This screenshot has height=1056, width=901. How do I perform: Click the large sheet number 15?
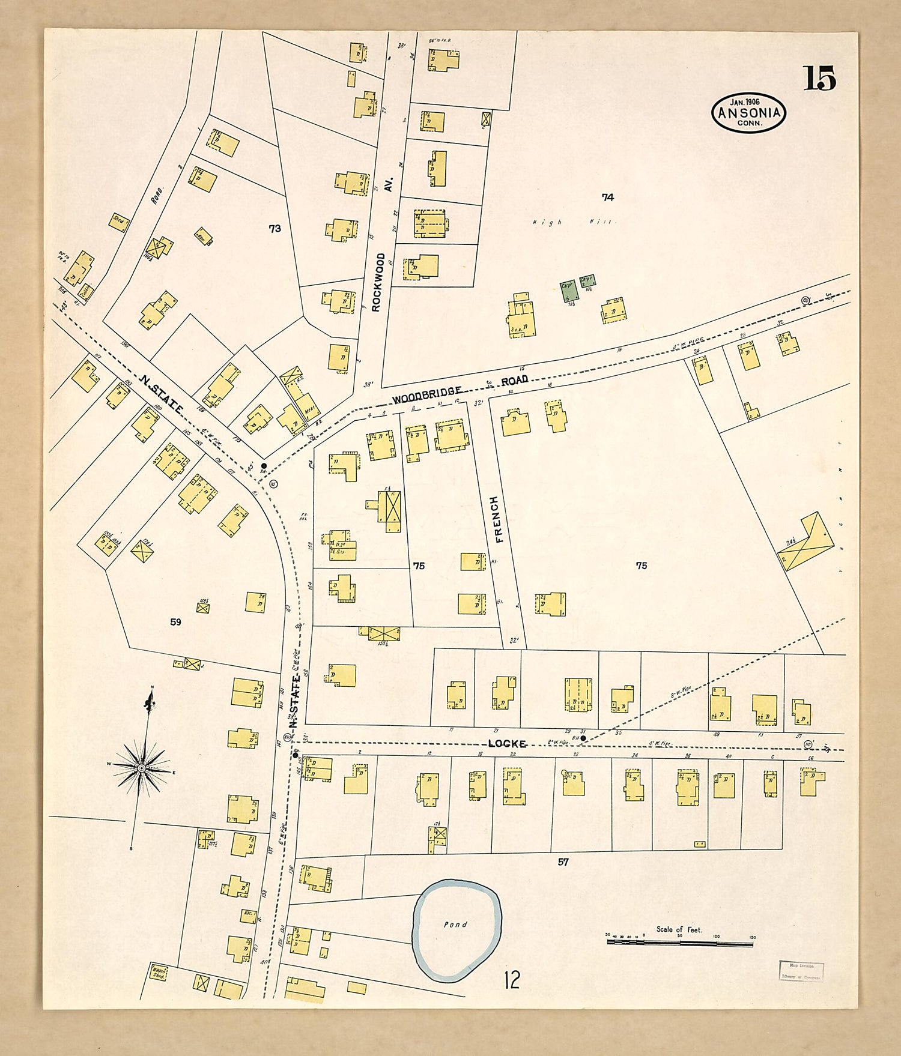coord(820,79)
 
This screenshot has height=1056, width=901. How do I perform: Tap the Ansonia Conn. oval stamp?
coord(748,112)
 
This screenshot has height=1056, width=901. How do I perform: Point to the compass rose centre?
coord(141,768)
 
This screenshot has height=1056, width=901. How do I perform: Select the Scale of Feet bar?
coord(680,943)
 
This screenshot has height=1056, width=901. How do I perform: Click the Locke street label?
coord(508,744)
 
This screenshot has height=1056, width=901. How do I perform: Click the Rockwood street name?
coord(378,282)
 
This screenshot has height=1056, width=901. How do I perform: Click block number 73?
coord(275,229)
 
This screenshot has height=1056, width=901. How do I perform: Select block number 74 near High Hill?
coord(608,197)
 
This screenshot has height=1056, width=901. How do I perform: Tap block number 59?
coord(175,622)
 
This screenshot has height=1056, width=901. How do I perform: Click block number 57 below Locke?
coord(563,862)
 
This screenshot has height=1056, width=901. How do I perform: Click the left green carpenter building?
coord(568,291)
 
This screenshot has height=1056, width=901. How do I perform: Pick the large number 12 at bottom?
coord(512,980)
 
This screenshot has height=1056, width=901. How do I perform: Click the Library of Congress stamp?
coord(801,970)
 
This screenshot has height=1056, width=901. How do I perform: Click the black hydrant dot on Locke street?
coord(583,738)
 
